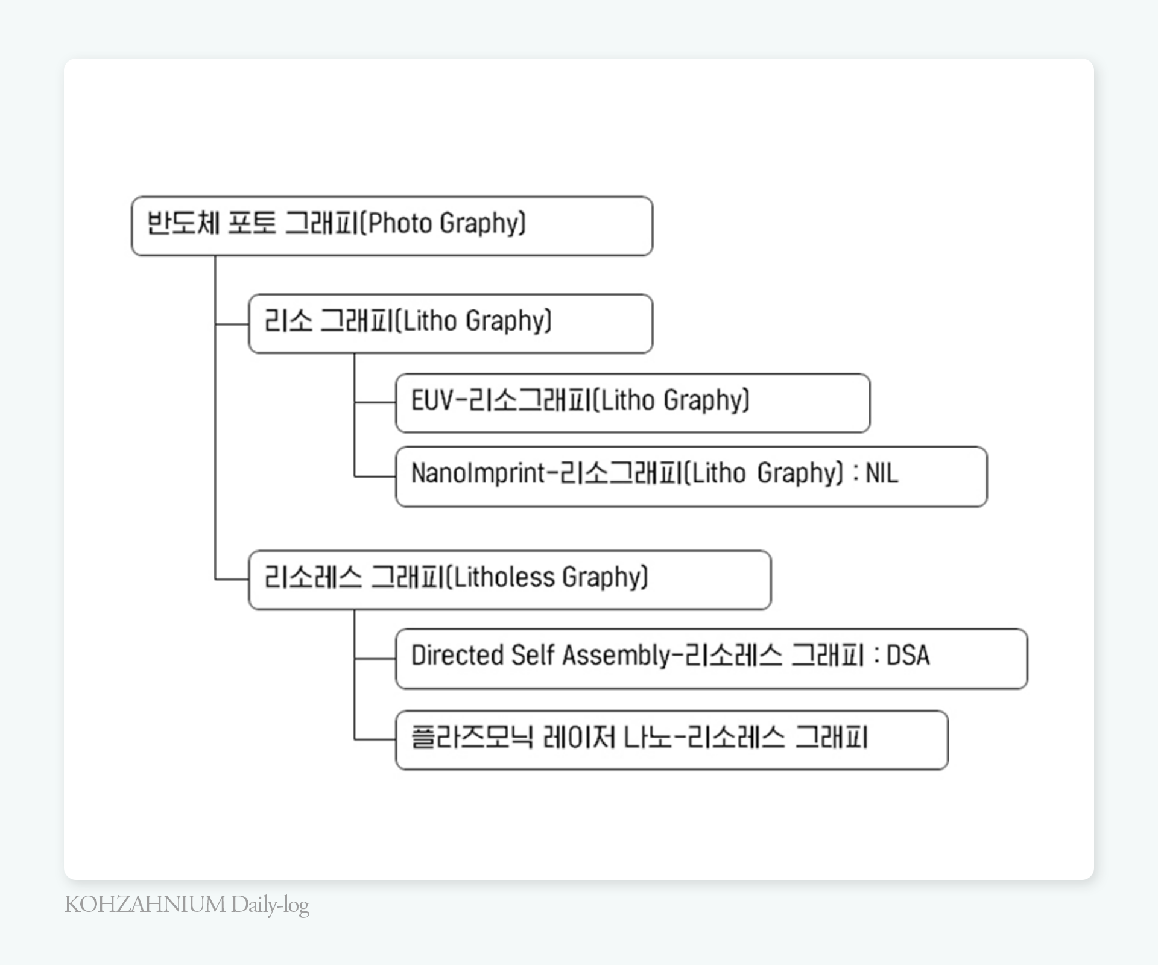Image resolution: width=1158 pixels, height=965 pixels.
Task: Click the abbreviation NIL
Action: click(x=882, y=473)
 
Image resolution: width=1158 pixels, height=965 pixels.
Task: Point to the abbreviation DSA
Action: click(x=908, y=656)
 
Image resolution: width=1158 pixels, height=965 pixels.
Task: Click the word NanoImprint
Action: click(x=478, y=473)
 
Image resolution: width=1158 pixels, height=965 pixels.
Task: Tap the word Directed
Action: click(x=457, y=656)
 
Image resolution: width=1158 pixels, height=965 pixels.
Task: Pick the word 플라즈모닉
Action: click(x=472, y=738)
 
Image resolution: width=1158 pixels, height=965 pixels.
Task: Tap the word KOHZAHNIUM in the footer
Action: click(x=145, y=905)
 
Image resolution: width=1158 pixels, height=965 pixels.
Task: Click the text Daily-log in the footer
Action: click(x=270, y=905)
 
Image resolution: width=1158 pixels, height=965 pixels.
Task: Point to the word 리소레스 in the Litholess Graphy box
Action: click(x=313, y=578)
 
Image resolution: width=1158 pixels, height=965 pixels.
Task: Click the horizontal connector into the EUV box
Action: click(x=375, y=402)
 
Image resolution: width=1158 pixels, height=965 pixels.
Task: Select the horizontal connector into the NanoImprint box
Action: click(x=375, y=477)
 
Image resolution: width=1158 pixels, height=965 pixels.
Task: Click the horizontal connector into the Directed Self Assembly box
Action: click(x=375, y=659)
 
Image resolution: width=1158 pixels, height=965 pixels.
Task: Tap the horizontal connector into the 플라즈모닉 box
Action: click(x=375, y=739)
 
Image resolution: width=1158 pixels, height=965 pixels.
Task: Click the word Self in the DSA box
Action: click(x=533, y=656)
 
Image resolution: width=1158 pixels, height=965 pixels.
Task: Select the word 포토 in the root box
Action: click(x=252, y=223)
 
